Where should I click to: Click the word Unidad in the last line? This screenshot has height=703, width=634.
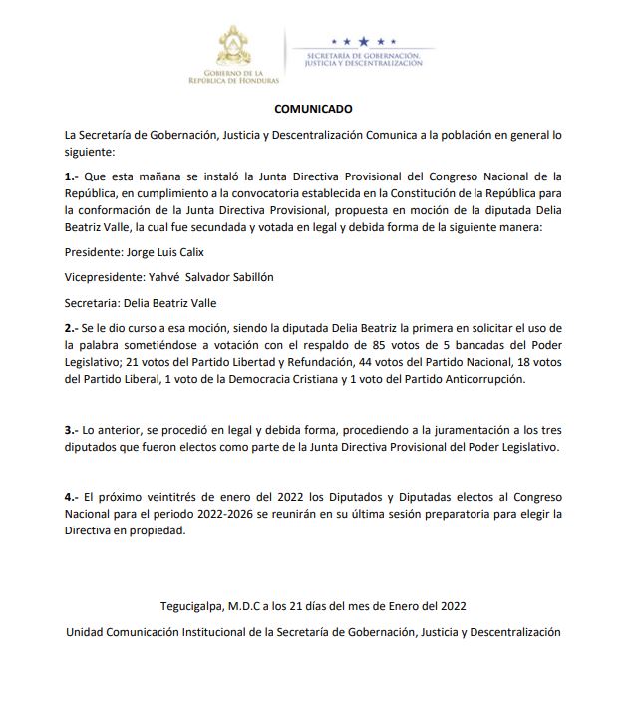coord(87,632)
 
